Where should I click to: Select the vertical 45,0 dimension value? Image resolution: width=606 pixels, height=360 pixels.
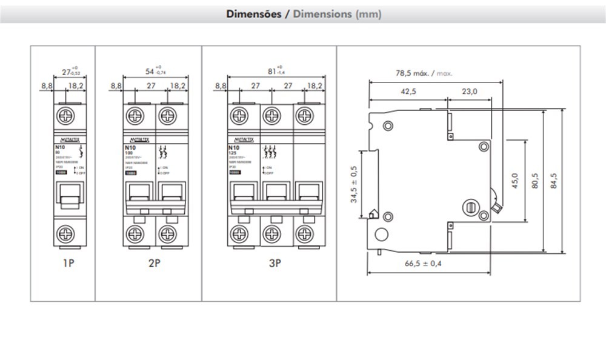514,180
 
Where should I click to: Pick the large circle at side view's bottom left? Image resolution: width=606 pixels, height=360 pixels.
381,236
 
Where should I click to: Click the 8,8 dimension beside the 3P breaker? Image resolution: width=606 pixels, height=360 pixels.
221,86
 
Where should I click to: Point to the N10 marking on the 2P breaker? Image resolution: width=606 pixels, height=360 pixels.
129,147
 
